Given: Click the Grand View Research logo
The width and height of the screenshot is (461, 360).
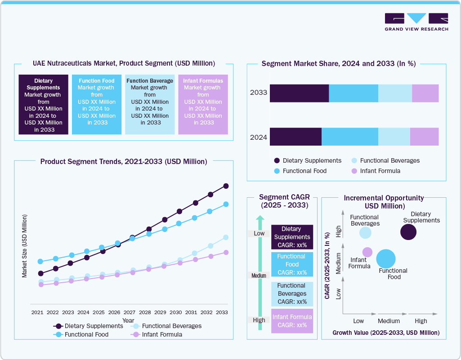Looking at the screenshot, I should point(416,22).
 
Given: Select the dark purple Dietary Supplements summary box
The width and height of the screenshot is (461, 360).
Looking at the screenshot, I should point(43,104).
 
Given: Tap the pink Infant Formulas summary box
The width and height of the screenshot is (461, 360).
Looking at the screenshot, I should point(203,104).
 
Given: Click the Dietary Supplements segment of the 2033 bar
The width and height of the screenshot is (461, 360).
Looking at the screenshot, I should point(299,93).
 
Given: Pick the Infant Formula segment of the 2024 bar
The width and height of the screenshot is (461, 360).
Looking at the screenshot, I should point(424,137).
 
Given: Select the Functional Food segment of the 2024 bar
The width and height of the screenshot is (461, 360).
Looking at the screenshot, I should point(349,137).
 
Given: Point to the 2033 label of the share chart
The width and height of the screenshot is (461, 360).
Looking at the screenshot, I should point(259,93).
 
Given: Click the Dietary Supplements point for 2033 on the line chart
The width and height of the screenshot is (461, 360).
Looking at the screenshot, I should point(226,186).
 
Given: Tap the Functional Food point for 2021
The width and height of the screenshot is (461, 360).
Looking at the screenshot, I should point(40,262).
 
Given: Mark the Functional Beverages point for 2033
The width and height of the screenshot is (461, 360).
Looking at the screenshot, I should point(226,237).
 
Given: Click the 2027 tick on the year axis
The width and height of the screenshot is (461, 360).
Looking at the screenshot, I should point(130,312).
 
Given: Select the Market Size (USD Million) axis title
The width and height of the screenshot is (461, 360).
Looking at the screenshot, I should point(25,246).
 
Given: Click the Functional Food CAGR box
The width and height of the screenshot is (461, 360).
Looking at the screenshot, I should point(292,264).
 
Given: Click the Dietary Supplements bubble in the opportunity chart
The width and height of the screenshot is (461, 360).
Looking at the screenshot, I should point(408,232).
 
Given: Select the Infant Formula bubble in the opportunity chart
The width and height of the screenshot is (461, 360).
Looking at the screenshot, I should point(367,252).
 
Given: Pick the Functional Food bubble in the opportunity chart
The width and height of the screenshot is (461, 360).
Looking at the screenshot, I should point(386,258).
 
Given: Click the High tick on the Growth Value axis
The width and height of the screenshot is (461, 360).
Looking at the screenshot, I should point(421,321).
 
